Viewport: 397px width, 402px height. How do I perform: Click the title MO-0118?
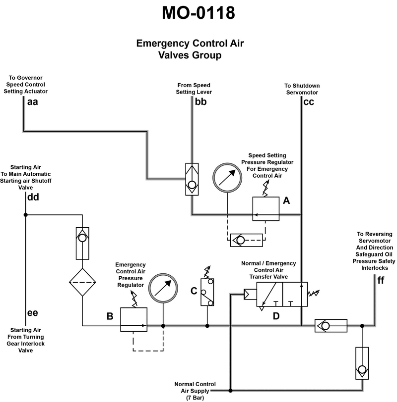198,13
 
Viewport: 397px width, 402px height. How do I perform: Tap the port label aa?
32,102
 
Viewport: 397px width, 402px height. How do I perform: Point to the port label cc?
309,102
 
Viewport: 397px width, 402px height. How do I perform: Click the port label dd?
33,197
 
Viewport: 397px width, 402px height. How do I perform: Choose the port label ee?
32,313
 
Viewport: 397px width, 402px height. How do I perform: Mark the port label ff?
381,280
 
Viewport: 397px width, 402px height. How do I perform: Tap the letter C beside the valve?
194,291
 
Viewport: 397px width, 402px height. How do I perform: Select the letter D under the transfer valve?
276,315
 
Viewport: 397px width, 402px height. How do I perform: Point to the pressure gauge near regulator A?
226,176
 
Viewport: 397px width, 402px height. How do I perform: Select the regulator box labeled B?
134,320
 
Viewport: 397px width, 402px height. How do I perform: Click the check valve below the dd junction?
82,243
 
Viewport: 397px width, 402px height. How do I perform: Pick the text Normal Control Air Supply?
195,391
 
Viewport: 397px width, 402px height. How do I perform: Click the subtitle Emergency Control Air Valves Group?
190,49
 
